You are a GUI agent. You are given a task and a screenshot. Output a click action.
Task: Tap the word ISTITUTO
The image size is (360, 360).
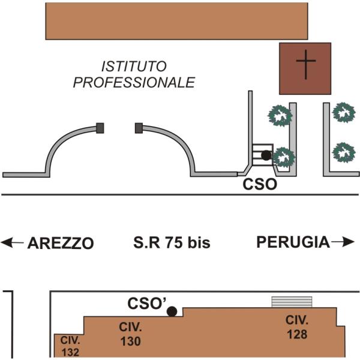pos(134,67)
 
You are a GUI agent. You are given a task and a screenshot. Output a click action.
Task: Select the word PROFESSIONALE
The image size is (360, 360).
pos(134,82)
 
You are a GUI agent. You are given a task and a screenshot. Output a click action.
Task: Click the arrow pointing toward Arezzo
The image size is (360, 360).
pos(13,242)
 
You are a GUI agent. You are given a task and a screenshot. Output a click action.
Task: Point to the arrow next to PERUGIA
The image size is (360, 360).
pos(343,242)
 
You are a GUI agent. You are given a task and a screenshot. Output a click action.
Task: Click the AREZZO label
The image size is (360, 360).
pos(61,244)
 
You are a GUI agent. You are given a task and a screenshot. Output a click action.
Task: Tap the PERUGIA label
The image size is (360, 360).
pos(293,242)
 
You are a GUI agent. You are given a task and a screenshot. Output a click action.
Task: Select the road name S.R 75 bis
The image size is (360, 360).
pos(172,242)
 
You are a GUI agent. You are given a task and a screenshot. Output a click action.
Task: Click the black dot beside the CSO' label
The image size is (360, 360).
pos(172,311)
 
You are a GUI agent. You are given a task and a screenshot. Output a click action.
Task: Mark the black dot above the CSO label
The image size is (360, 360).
pos(266,155)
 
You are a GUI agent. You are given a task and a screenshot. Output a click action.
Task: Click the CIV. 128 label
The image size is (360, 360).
pos(297,327)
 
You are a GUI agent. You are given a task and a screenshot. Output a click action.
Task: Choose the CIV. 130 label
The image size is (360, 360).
pos(130,334)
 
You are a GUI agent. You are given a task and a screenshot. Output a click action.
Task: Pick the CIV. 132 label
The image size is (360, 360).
pos(70,346)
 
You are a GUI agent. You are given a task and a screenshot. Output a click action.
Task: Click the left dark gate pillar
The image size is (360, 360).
pos(100,128)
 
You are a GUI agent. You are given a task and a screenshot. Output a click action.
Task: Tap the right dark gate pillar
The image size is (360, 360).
pos(139,128)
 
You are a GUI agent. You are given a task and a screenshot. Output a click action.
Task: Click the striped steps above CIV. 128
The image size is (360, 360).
pos(292,302)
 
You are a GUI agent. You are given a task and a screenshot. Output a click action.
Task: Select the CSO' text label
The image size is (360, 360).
pos(147,303)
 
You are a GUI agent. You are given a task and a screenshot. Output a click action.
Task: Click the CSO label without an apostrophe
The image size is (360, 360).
pos(260,184)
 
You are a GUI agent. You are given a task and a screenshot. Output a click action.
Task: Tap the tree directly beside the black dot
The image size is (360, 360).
pos(284,157)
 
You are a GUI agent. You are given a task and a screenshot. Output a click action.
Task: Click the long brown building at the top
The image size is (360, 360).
pos(176,21)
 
